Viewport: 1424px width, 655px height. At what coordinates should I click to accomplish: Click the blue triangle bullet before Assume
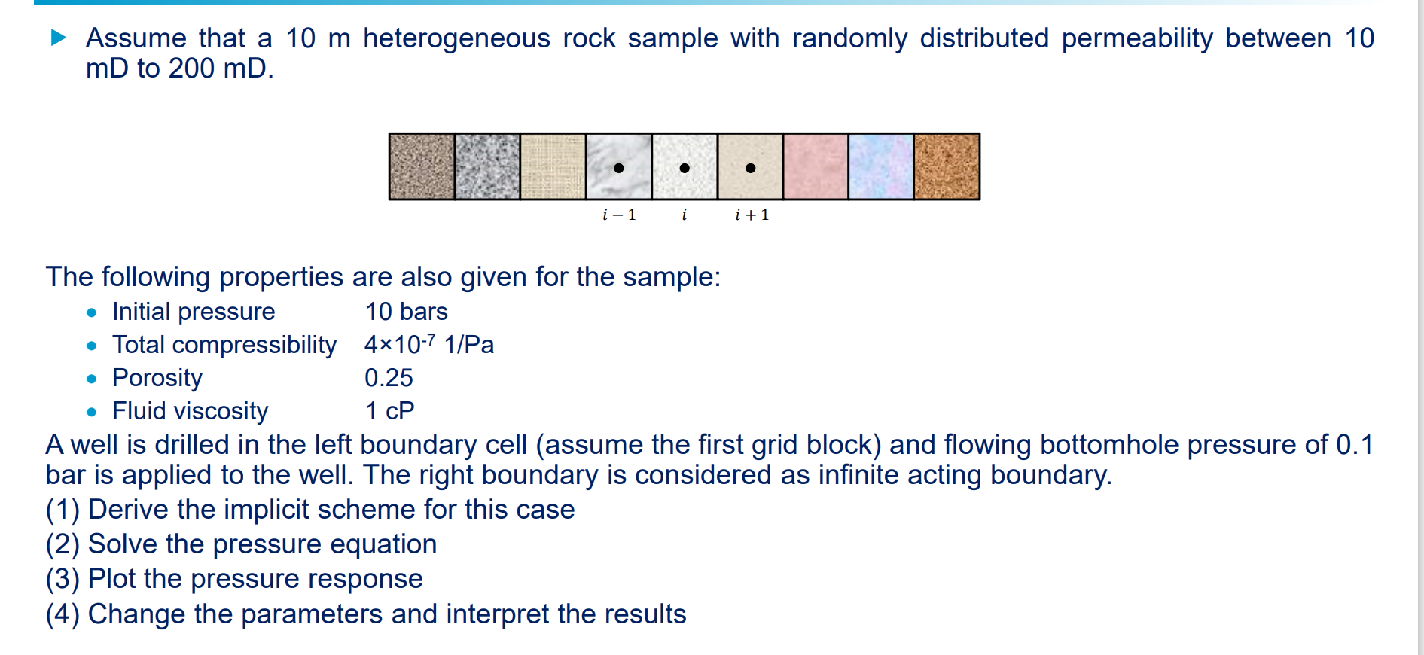pyautogui.click(x=59, y=38)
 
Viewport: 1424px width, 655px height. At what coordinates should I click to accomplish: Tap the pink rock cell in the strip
pyautogui.click(x=816, y=166)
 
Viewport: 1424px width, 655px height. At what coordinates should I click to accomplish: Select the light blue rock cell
pyautogui.click(x=881, y=166)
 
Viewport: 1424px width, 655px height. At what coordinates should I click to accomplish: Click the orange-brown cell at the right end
pyautogui.click(x=947, y=166)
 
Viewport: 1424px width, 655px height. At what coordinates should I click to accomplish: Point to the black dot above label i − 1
pyautogui.click(x=619, y=168)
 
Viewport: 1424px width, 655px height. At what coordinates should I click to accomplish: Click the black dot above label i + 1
pyautogui.click(x=750, y=168)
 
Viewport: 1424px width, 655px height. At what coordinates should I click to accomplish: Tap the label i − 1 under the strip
pyautogui.click(x=619, y=215)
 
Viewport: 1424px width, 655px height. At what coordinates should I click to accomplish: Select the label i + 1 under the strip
pyautogui.click(x=752, y=215)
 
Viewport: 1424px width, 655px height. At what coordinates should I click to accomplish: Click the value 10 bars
pyautogui.click(x=406, y=312)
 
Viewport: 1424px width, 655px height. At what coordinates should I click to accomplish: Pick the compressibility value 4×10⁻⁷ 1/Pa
pyautogui.click(x=428, y=345)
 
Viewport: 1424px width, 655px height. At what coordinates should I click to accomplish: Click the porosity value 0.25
pyautogui.click(x=389, y=378)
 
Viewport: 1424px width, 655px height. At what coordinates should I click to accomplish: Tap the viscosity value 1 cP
pyautogui.click(x=389, y=411)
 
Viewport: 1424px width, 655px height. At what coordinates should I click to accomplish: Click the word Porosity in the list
pyautogui.click(x=157, y=378)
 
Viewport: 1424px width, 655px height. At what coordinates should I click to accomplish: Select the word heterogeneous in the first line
pyautogui.click(x=456, y=38)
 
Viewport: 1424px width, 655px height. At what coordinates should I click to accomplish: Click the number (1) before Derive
pyautogui.click(x=63, y=510)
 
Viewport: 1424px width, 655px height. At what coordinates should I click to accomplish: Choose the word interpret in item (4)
pyautogui.click(x=497, y=614)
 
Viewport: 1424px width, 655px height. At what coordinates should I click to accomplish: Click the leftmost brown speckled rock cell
pyautogui.click(x=422, y=166)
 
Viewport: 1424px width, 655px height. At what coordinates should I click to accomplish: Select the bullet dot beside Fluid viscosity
pyautogui.click(x=92, y=412)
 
